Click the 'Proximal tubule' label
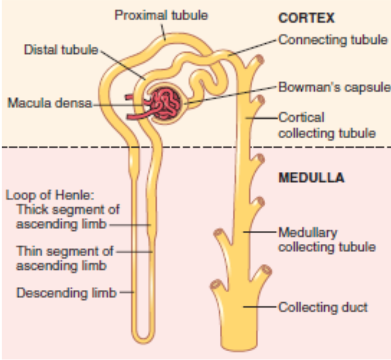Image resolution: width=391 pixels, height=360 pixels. pos(161,16)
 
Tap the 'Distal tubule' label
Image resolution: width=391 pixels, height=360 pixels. pos(61,50)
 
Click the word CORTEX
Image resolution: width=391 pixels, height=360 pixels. pos(306,18)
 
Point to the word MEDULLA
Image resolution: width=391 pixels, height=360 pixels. pos(311,178)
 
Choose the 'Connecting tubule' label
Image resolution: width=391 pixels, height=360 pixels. pos(332,40)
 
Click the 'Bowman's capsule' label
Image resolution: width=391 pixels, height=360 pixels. pos(334,87)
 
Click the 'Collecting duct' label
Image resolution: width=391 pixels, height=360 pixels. pos(323,308)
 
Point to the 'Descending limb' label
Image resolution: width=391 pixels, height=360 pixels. pos(66,293)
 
